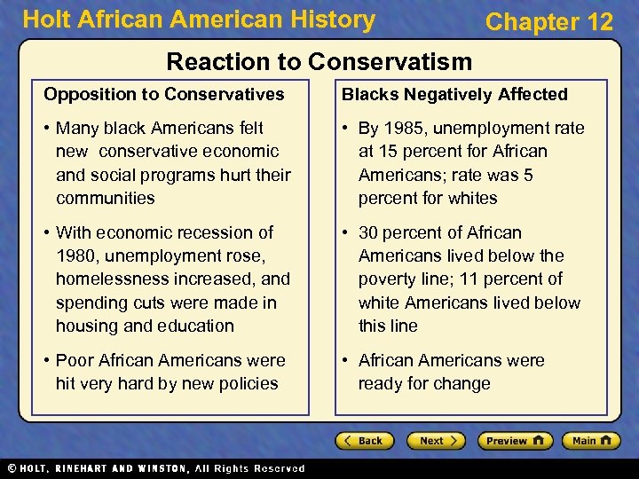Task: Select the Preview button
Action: tap(514, 441)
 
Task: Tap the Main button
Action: tap(589, 441)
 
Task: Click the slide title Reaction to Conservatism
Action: tap(319, 61)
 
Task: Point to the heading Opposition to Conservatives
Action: tap(164, 94)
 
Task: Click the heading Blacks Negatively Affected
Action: tap(454, 94)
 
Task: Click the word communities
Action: tap(105, 198)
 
